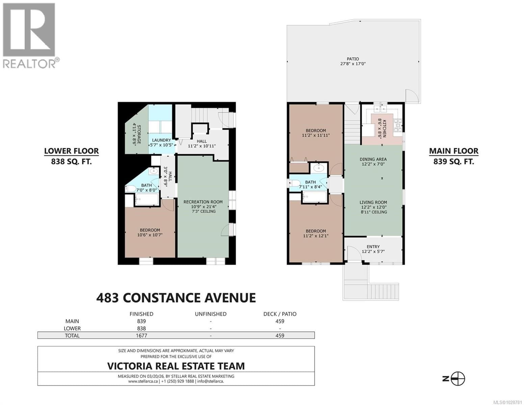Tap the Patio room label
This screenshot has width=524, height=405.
pos(352,61)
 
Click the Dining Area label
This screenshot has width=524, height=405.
pos(373,162)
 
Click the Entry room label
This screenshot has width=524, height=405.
pos(373,249)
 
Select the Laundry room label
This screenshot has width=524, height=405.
pos(161,142)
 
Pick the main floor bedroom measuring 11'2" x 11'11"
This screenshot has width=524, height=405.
pos(315,133)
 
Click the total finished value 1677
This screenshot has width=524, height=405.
pos(141,335)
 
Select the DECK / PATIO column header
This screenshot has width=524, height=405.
pos(280,314)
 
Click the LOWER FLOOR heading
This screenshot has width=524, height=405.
pos(72,151)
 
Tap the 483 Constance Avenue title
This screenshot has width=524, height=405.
pos(176,298)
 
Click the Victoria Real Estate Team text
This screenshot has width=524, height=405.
pos(176,366)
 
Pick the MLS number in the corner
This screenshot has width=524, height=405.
pos(505,402)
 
